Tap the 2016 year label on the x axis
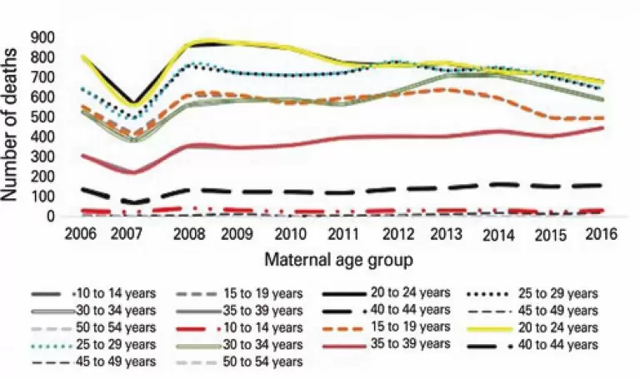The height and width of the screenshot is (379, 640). (x=602, y=235)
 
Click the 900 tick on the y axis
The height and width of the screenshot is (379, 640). (x=42, y=37)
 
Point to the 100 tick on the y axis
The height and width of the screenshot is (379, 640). (x=42, y=197)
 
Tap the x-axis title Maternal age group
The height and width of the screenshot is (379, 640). (x=337, y=261)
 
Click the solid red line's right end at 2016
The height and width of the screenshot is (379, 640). (x=602, y=127)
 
